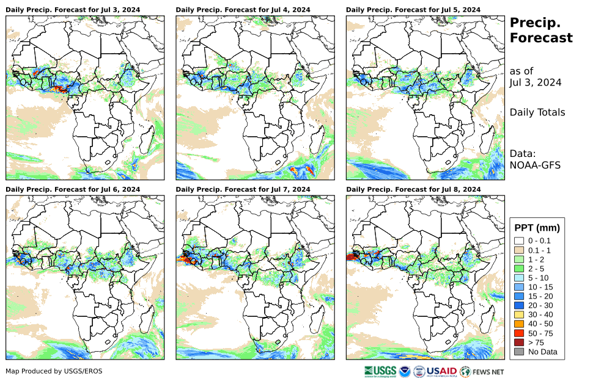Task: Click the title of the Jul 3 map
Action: (73, 10)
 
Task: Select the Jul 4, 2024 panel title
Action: (243, 10)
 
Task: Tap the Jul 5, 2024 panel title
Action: (413, 10)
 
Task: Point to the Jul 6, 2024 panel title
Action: (73, 190)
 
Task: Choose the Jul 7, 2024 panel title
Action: (243, 190)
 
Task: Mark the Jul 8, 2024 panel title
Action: (413, 190)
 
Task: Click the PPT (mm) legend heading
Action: (537, 228)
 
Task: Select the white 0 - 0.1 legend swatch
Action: (519, 241)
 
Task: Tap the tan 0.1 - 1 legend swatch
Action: (519, 251)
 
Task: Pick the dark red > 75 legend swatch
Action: (519, 342)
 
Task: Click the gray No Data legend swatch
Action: (519, 352)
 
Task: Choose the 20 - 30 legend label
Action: (540, 305)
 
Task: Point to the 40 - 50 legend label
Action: (540, 324)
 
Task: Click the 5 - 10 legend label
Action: (538, 278)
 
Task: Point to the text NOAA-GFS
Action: (535, 165)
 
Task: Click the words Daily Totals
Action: (537, 112)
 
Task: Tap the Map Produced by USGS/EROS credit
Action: (54, 371)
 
